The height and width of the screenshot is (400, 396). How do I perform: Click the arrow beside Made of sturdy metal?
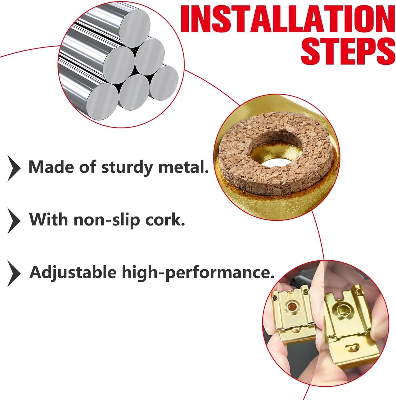coord(14,168)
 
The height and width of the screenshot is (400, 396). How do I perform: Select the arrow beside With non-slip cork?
coord(14,221)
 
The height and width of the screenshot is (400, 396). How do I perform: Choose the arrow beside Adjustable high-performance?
coord(14,274)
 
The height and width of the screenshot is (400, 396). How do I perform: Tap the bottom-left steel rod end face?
coord(102,101)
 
